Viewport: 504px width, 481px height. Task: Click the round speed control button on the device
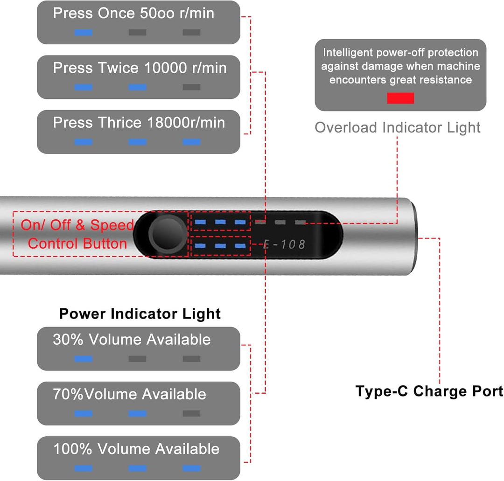(168, 234)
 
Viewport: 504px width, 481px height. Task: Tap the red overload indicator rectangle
(400, 98)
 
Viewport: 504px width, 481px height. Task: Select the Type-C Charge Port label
(429, 391)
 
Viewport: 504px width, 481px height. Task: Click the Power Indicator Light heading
(140, 314)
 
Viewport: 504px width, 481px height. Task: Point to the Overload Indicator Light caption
(398, 127)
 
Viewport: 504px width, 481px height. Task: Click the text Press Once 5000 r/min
(133, 13)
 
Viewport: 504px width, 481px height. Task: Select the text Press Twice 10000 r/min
(140, 68)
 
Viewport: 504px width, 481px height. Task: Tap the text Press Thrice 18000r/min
(139, 122)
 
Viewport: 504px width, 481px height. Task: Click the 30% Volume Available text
(132, 340)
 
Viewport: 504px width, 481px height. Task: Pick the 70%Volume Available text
(130, 394)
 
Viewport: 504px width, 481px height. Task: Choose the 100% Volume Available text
(136, 449)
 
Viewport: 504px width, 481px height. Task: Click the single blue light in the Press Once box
(83, 33)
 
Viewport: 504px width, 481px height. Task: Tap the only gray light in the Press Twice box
(192, 87)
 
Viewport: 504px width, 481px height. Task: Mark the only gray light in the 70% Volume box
(192, 413)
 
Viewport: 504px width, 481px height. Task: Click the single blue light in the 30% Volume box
(83, 359)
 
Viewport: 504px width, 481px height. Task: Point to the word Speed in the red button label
(112, 225)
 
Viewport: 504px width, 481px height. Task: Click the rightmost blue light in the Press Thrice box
(192, 142)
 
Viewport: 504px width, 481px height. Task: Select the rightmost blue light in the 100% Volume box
(192, 468)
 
